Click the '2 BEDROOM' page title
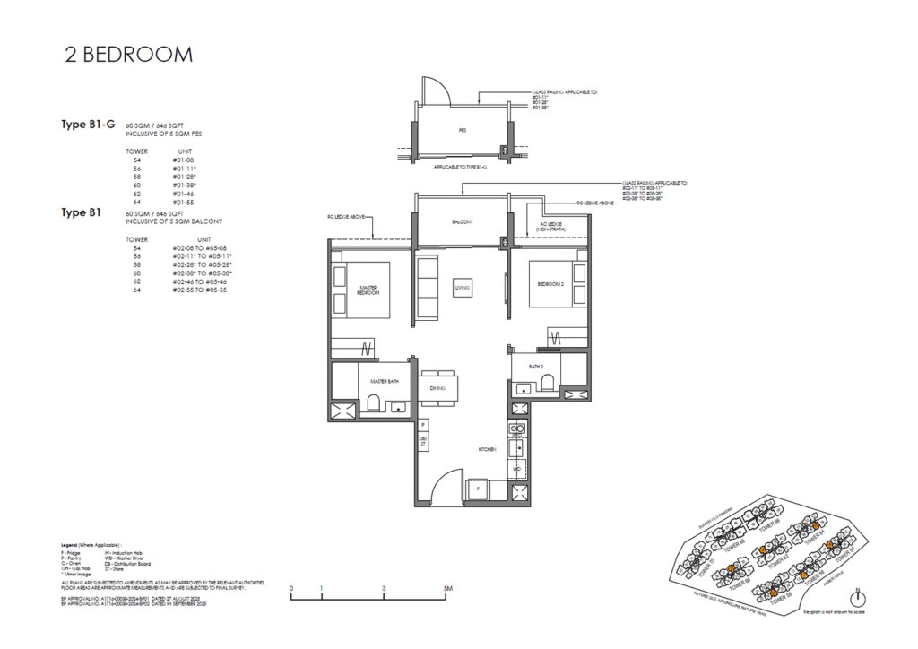tap(128, 56)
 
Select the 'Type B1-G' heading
tap(88, 125)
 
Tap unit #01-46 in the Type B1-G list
tap(184, 193)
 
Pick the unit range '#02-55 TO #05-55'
tap(202, 290)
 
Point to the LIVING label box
tap(463, 287)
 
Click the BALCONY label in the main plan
tap(462, 221)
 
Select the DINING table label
tap(438, 388)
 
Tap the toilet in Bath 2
tap(550, 385)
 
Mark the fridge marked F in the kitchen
tap(478, 490)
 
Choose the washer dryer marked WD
tap(516, 468)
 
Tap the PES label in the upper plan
tap(463, 130)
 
